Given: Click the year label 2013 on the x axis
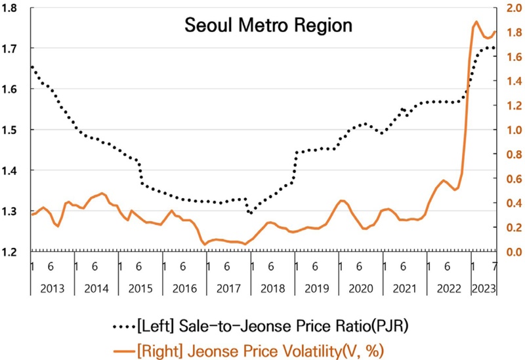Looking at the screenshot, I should click(52, 289).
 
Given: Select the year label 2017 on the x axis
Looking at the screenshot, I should click(228, 289).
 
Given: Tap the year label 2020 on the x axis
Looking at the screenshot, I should click(360, 289).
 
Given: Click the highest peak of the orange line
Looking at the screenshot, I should click(476, 22).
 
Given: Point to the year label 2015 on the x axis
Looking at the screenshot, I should click(140, 289).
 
